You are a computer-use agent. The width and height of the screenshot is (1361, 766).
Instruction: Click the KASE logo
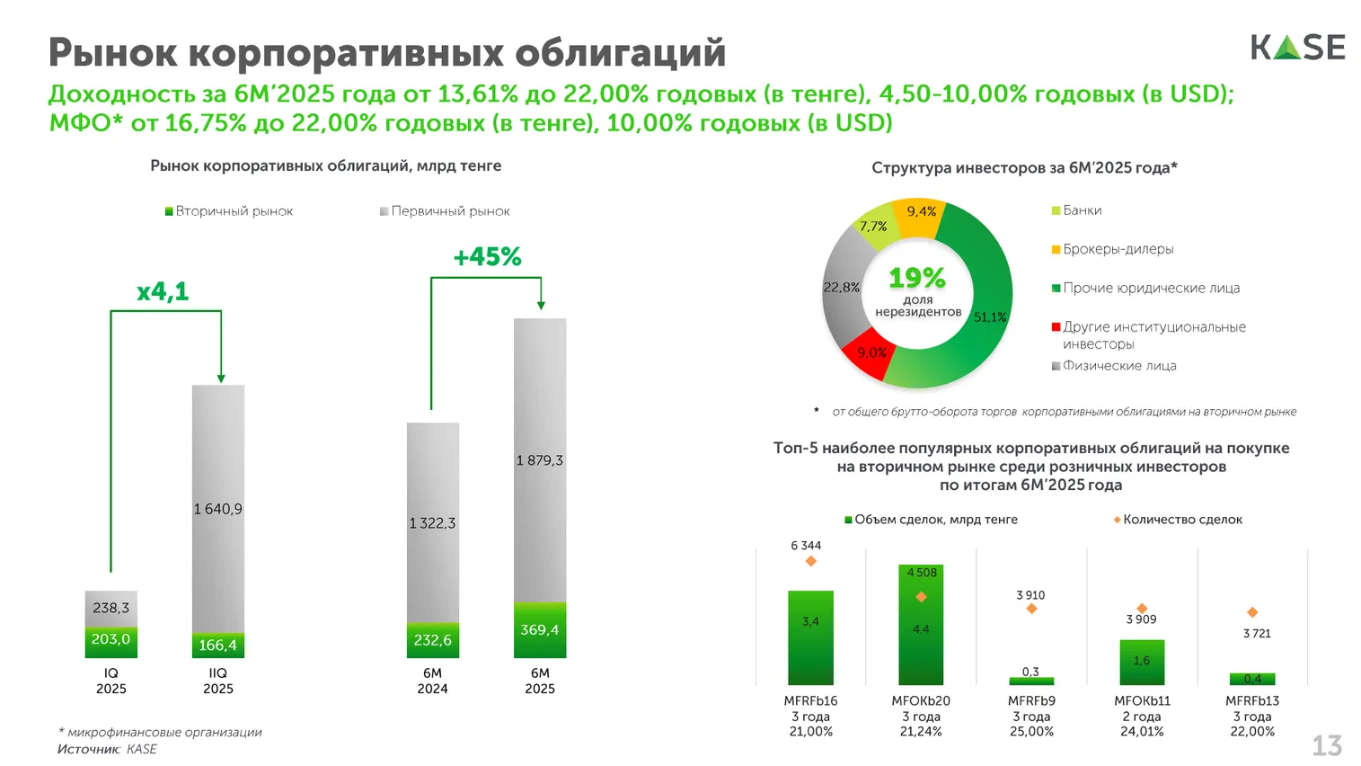[1297, 47]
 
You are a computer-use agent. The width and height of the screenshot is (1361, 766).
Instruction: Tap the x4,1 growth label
[163, 291]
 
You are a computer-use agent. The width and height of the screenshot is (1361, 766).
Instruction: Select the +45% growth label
[487, 257]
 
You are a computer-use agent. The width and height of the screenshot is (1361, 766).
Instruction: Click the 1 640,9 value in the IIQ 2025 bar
[218, 509]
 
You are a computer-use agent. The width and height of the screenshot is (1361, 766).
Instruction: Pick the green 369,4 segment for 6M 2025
[540, 630]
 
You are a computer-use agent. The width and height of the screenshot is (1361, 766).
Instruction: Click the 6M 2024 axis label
[432, 681]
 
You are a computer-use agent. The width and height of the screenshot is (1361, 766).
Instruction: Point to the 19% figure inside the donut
[917, 278]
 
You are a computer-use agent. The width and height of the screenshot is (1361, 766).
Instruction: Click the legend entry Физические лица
[1118, 366]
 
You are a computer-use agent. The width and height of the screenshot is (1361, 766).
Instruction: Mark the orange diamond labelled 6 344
[811, 561]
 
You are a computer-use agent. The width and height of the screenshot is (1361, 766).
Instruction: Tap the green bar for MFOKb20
[921, 629]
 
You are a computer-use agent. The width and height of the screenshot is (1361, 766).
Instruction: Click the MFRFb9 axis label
[1031, 700]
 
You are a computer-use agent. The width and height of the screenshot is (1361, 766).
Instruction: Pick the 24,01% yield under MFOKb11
[1142, 732]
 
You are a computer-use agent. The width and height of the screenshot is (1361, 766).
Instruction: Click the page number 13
[1327, 745]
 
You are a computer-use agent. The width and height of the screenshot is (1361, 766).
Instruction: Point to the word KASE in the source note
[142, 749]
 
